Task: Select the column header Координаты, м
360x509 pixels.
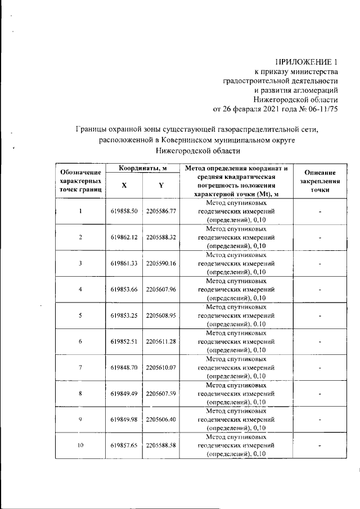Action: coord(142,169)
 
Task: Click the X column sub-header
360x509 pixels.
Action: coord(124,186)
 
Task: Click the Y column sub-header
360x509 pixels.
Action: coord(161,186)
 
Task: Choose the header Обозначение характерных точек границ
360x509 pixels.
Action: coord(80,182)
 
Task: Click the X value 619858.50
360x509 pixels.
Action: coord(124,211)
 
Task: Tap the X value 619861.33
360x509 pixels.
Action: coord(124,263)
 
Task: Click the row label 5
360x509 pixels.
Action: coord(80,315)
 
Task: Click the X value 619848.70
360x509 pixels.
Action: coord(124,367)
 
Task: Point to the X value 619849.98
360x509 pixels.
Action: coord(124,419)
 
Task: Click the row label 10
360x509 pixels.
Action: coord(80,445)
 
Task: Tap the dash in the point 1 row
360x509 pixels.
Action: coord(319,211)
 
